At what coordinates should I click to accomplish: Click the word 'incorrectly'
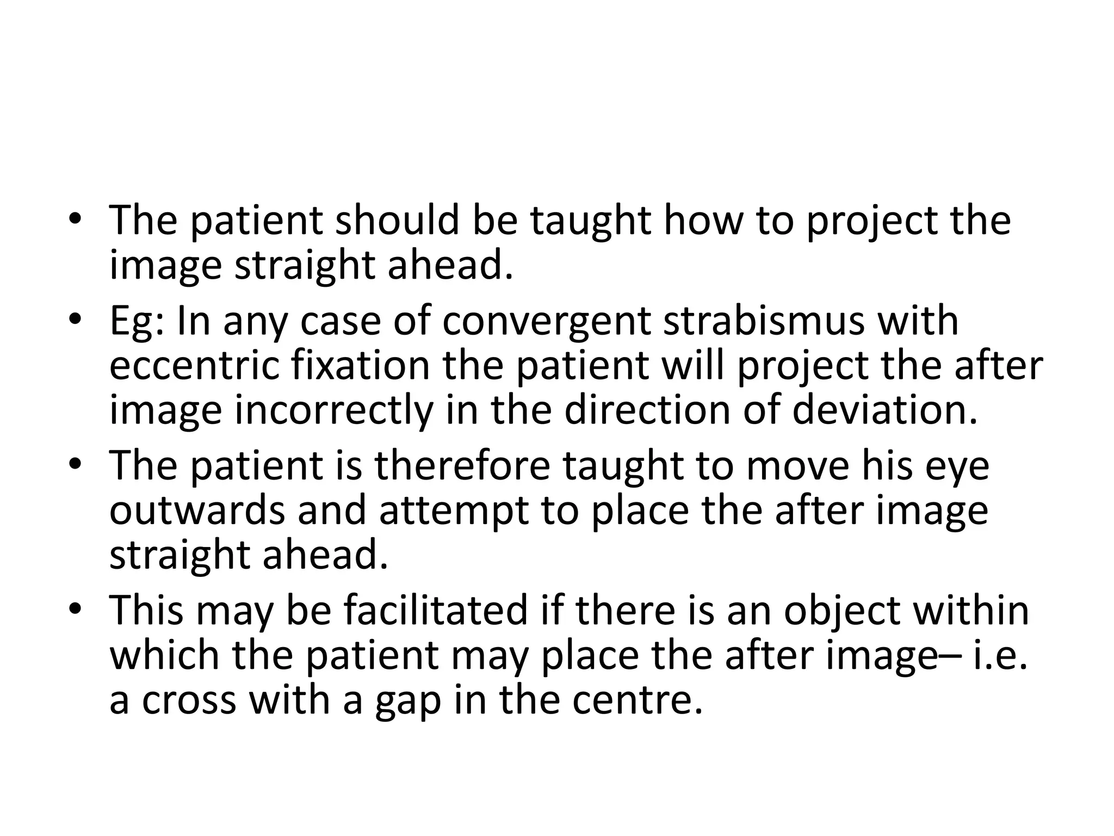coord(333,411)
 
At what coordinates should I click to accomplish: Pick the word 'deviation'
coord(884,411)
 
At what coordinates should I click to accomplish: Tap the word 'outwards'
coord(197,511)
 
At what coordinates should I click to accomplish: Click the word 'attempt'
coord(454,511)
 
